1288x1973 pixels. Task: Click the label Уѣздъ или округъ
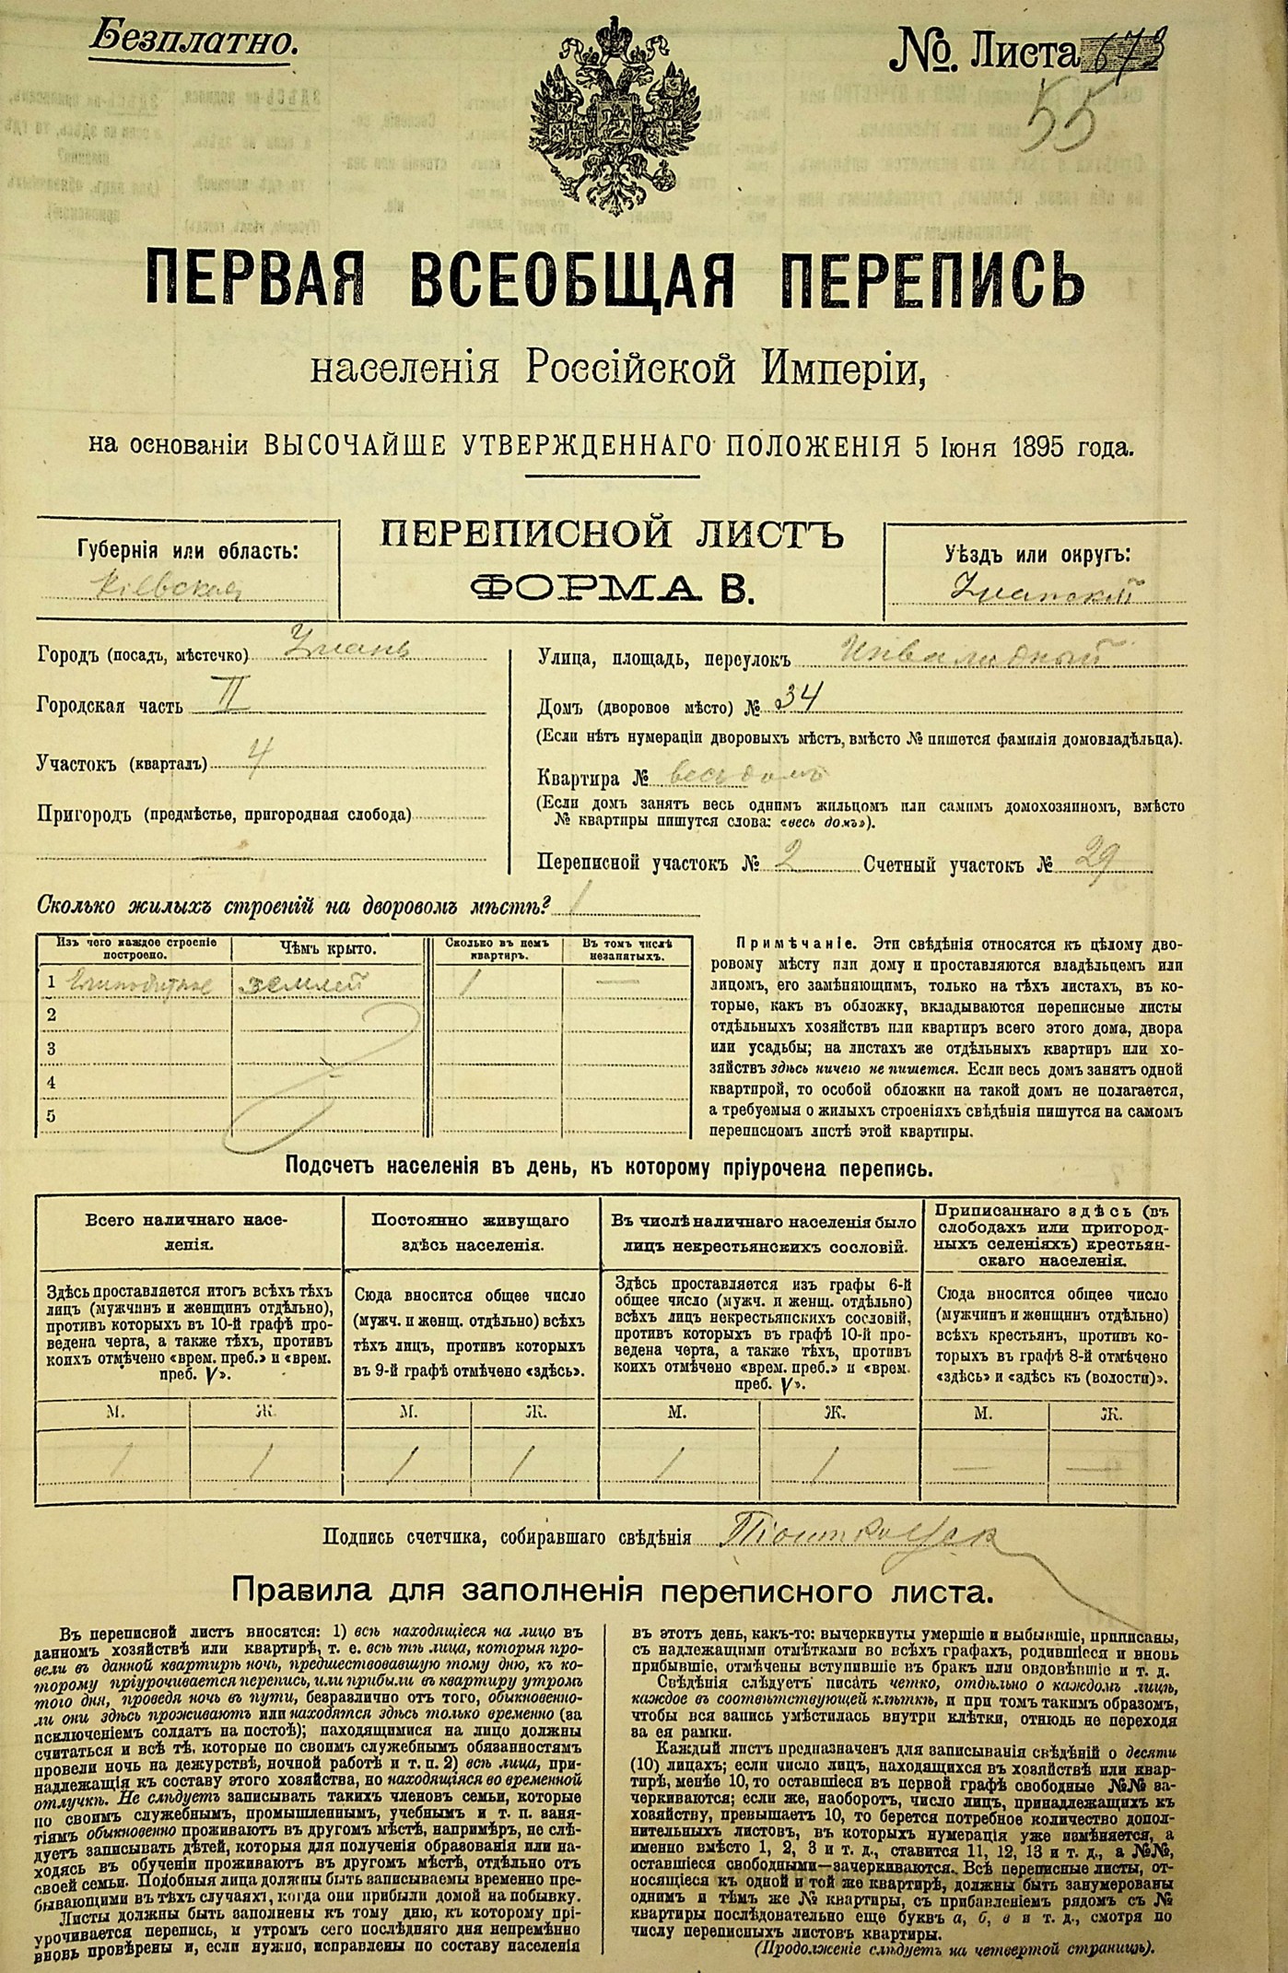[x=1036, y=555]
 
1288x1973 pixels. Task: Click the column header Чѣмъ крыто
[x=327, y=947]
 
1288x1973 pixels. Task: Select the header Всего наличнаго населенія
[x=187, y=1230]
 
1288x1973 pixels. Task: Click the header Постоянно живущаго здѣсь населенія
[x=471, y=1230]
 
